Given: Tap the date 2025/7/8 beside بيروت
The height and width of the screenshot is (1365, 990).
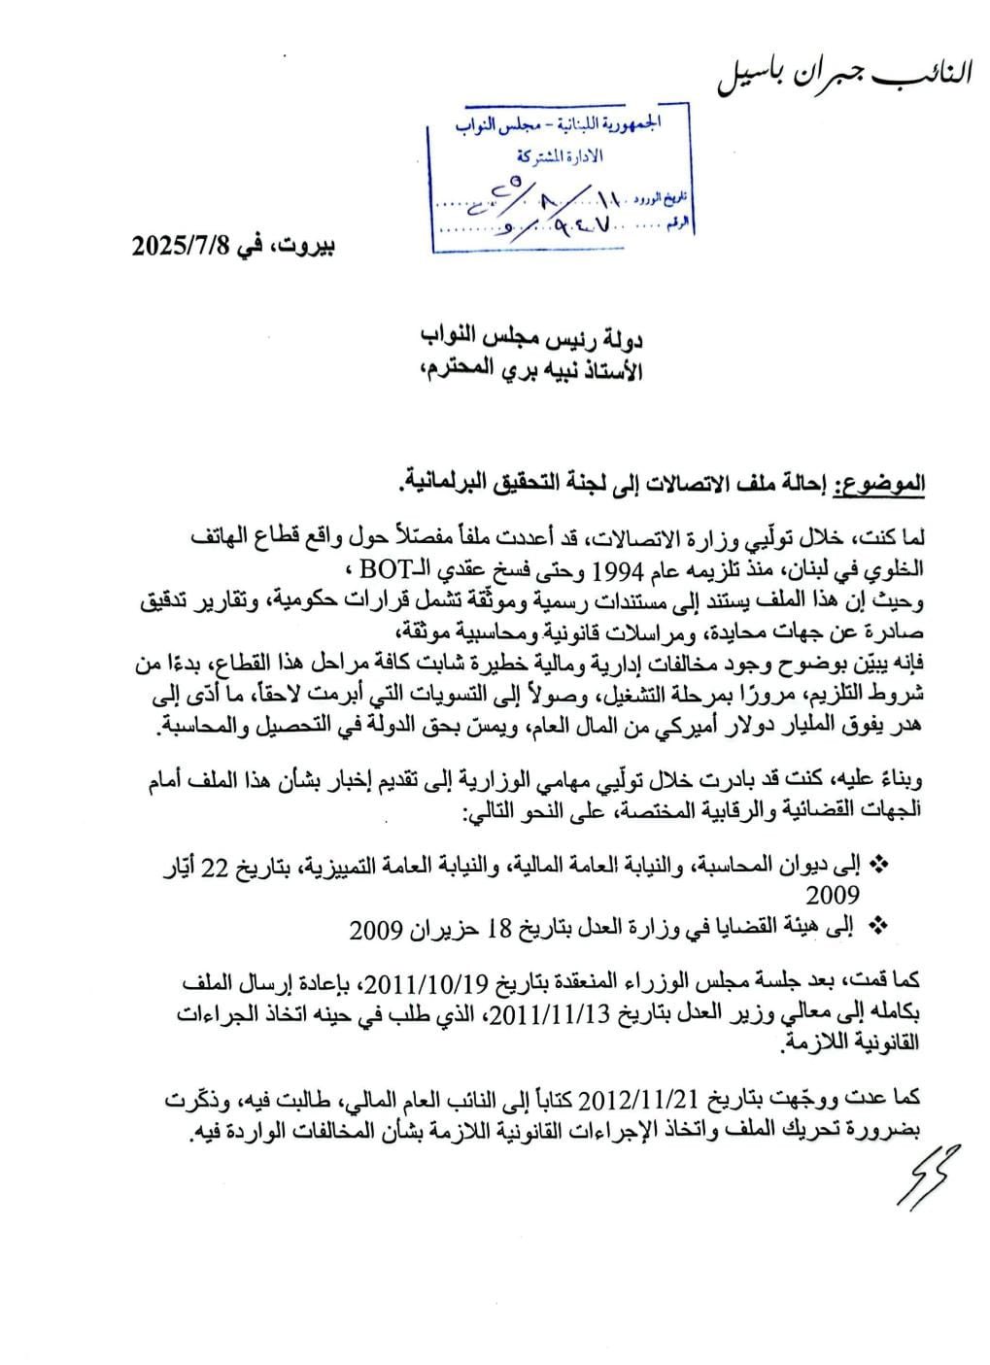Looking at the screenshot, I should (180, 246).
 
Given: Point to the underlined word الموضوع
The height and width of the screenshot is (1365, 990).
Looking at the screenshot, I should (885, 484).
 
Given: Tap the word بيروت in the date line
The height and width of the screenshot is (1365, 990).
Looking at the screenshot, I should (305, 246).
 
